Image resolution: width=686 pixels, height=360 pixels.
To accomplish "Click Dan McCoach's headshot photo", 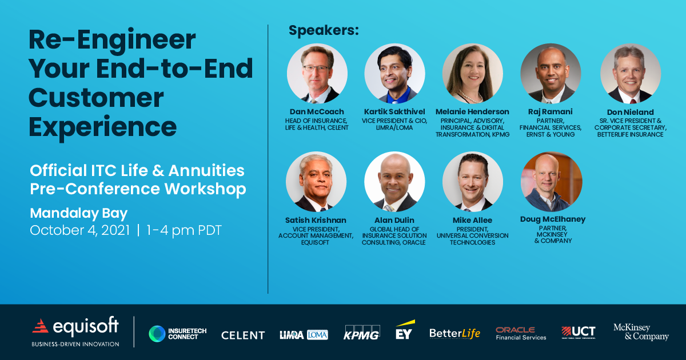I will [x=317, y=73].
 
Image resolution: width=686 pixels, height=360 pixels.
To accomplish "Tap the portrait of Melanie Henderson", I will [x=472, y=73].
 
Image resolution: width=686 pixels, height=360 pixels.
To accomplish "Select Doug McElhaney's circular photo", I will [x=551, y=182].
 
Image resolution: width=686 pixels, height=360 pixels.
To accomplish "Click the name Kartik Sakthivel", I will [x=394, y=111].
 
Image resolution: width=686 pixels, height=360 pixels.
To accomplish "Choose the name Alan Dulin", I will [x=394, y=220].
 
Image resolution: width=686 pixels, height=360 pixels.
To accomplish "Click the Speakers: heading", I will [x=324, y=30].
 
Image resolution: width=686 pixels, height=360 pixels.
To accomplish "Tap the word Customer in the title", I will [x=96, y=98].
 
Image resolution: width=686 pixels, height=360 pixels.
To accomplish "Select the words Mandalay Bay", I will [x=79, y=213].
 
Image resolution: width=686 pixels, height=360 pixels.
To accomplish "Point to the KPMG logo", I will [x=361, y=333].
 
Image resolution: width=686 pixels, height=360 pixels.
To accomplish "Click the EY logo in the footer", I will [x=404, y=331].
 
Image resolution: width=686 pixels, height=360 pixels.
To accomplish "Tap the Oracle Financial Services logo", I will [x=521, y=333].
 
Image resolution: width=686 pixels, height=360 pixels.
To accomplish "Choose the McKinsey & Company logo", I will [x=640, y=332].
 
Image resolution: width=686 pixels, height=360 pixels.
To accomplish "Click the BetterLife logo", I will [x=455, y=333].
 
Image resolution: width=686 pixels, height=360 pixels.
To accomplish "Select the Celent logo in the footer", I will [x=243, y=335].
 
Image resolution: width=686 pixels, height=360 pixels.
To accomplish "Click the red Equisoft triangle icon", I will [x=41, y=326].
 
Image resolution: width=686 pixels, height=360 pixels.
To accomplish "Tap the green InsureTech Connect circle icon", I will [x=157, y=334].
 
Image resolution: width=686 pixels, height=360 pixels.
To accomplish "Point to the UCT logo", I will [x=578, y=332].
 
